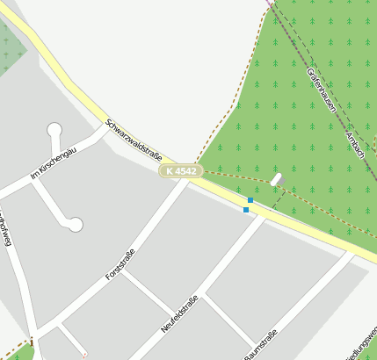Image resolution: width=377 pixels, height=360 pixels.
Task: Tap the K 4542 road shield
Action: coord(181,170)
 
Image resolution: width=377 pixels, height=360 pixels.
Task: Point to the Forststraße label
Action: coord(121,263)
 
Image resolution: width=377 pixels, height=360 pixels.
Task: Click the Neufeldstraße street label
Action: coord(179,314)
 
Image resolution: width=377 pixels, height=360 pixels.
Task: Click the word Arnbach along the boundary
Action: coord(355,140)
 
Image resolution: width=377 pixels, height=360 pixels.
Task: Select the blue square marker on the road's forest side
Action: coord(250,201)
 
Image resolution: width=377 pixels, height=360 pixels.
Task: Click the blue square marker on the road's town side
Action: coord(246,210)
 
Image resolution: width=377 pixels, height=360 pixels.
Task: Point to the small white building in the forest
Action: coord(277,179)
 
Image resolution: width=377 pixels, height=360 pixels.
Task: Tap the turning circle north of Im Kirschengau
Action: coord(54,130)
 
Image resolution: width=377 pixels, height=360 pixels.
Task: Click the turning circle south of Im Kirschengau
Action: coord(75,225)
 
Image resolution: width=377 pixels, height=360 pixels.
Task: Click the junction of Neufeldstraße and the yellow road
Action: coord(261,215)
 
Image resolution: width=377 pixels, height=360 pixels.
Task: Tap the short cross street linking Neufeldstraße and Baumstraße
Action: coord(227,320)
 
